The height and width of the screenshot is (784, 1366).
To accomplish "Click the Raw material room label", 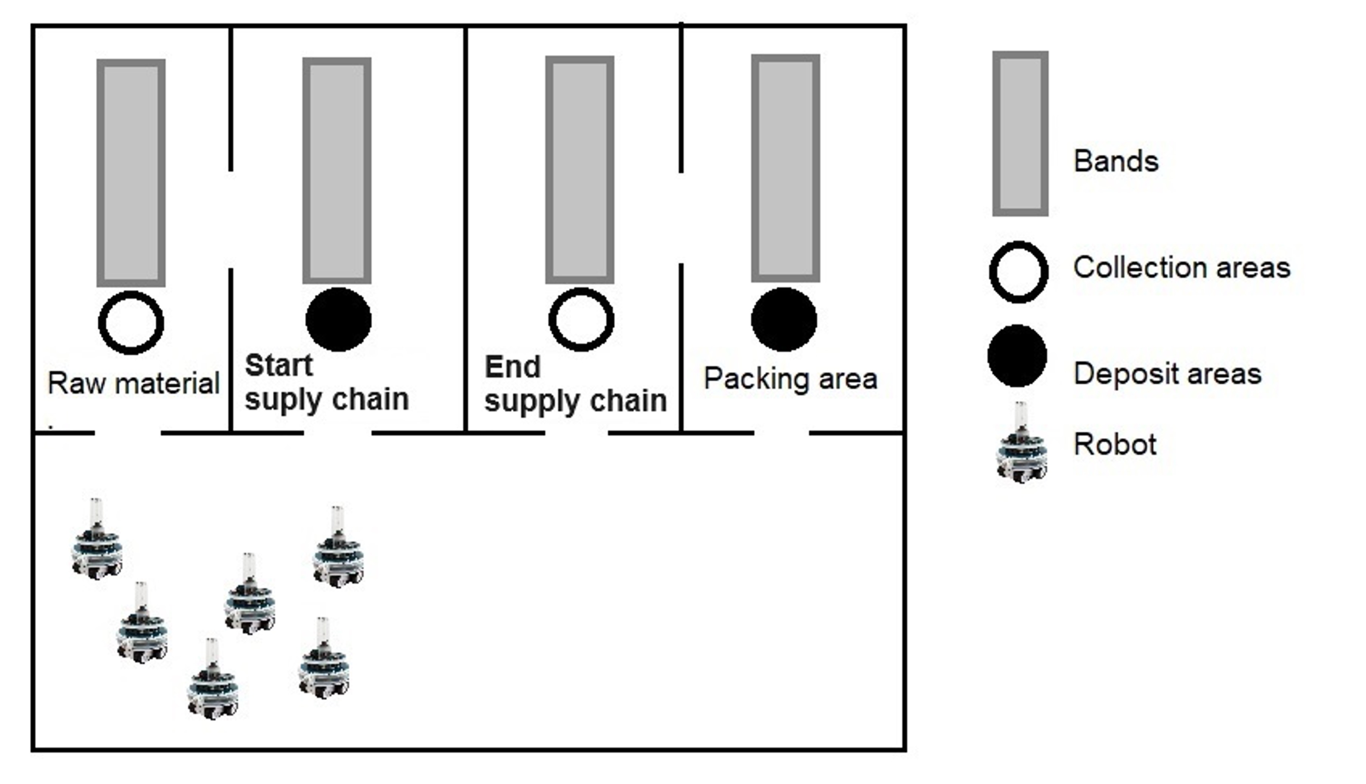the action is click(x=133, y=383).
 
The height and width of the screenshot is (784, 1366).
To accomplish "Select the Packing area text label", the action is click(x=791, y=379).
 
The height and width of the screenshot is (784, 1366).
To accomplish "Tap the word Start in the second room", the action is click(x=279, y=366).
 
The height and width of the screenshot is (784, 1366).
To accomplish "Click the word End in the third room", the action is click(x=512, y=367).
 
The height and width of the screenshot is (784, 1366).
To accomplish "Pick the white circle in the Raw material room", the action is click(x=131, y=323).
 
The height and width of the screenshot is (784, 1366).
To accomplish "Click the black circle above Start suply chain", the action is click(x=338, y=319).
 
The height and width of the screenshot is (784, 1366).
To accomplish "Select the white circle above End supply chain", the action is click(x=581, y=319).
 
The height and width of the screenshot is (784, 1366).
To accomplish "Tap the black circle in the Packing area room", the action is click(x=784, y=319).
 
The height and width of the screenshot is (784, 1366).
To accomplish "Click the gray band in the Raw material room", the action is click(x=131, y=173).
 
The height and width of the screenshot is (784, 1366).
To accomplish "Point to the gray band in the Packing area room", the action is click(x=786, y=168).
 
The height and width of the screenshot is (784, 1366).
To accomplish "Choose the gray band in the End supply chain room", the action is click(x=579, y=170).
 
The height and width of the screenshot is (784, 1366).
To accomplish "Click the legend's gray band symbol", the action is click(x=1020, y=133).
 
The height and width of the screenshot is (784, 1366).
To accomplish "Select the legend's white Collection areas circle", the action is click(x=1019, y=272).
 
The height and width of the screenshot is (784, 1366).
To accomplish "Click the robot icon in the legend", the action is click(x=1021, y=442).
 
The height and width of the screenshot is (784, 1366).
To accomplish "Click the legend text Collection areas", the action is click(x=1182, y=268).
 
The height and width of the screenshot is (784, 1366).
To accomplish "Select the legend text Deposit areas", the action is click(x=1167, y=374).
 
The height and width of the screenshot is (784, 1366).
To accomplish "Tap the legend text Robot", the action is click(x=1115, y=445).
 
